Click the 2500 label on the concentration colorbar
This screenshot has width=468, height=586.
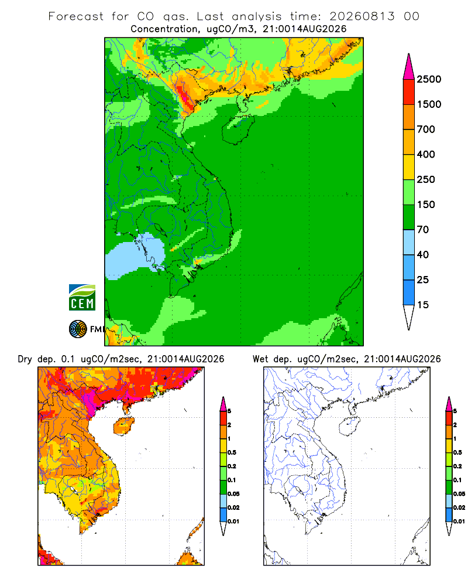point(429,79)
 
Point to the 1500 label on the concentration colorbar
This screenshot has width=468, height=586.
point(429,104)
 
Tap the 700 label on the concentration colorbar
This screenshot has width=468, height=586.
point(426,130)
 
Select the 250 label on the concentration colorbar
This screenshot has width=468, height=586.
point(426,179)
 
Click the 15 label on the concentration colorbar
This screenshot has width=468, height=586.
point(423,305)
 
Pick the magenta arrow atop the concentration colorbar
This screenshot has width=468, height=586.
point(409,67)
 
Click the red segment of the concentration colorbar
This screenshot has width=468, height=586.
point(409,92)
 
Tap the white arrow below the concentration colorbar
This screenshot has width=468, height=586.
point(409,317)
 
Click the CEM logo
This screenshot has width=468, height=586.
point(82,298)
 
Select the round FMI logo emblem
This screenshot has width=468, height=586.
point(78,329)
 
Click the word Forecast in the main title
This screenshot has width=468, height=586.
point(76,16)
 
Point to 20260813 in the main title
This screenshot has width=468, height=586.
point(362,16)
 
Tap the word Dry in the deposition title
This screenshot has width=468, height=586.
point(25,359)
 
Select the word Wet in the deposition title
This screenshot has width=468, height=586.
point(260,359)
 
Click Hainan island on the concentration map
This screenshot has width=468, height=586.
point(238,129)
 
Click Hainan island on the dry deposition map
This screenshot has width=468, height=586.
point(123,426)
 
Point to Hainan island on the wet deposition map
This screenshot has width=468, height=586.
point(349,426)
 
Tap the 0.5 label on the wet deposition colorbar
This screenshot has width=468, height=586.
point(457,452)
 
